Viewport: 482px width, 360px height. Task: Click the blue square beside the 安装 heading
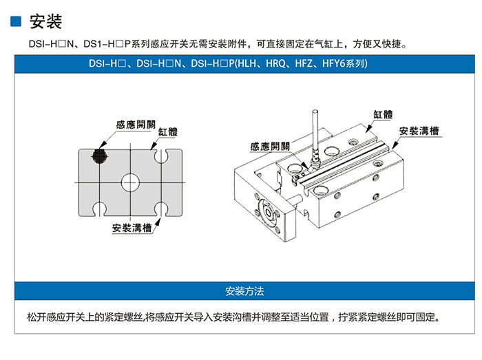[x=16, y=21]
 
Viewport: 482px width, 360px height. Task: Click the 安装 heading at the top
[x=45, y=21]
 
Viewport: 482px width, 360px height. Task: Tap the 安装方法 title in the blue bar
[x=244, y=291]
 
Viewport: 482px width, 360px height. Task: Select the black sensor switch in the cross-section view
[x=99, y=156]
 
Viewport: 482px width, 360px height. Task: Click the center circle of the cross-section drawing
[x=130, y=182]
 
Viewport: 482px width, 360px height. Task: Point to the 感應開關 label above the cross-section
[x=136, y=125]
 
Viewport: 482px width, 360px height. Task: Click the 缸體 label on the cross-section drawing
[x=168, y=131]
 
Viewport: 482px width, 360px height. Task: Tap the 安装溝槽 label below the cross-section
[x=132, y=228]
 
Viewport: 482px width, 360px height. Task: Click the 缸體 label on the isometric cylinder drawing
[x=383, y=114]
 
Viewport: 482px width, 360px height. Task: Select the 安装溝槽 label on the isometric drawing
[x=419, y=131]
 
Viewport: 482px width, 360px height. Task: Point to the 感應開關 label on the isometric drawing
[x=270, y=146]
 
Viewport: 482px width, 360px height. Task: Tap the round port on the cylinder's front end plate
[x=268, y=213]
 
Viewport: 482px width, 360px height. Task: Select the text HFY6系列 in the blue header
[x=344, y=63]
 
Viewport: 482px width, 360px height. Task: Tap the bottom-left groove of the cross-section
[x=100, y=209]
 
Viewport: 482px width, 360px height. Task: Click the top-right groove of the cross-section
[x=161, y=156]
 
